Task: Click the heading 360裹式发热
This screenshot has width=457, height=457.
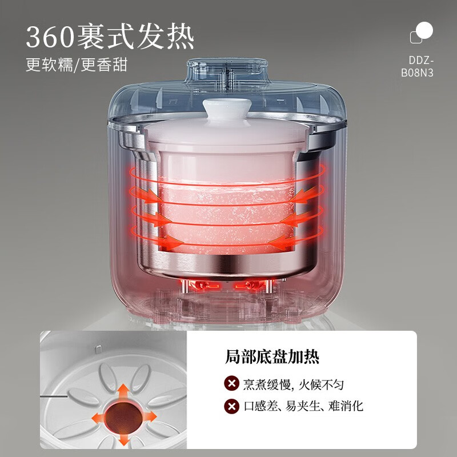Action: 110,37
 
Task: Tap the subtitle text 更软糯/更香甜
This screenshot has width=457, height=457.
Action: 77,65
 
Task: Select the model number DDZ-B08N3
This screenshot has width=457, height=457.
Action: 417,66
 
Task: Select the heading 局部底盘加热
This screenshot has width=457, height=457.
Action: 272,356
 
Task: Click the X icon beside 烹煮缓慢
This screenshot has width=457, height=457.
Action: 232,383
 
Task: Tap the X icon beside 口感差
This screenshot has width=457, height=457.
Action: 232,406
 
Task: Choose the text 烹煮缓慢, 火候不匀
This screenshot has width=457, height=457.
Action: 294,384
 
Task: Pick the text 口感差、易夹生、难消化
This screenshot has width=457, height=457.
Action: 304,406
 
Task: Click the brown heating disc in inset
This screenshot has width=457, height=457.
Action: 123,418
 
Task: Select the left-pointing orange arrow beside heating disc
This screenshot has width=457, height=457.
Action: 98,418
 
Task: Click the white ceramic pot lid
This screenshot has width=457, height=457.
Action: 227,131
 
